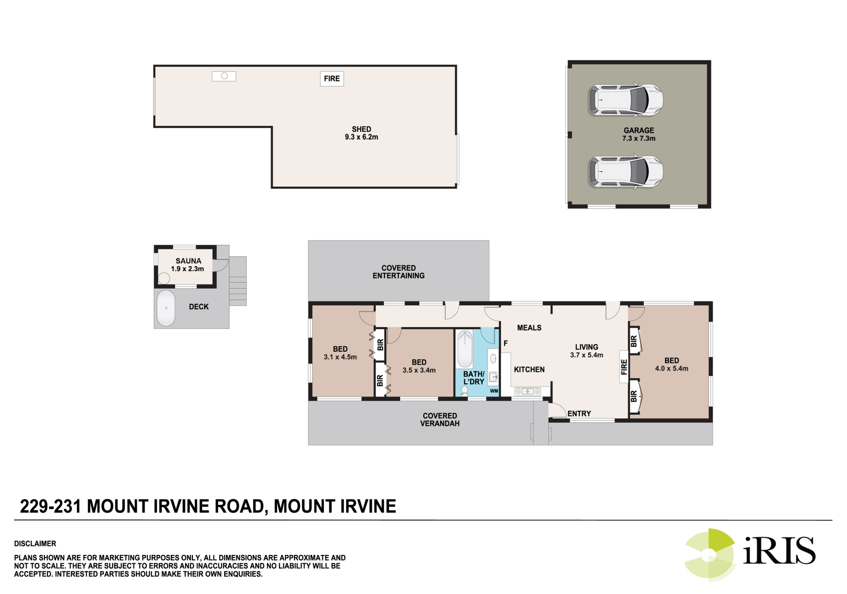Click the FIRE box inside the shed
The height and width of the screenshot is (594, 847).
tap(332, 79)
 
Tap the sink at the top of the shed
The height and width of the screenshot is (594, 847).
tap(224, 76)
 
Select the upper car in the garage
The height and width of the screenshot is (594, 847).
tap(625, 99)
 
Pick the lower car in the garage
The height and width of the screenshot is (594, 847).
tap(625, 171)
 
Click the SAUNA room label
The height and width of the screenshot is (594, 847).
tap(188, 261)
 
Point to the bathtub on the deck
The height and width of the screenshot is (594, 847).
tap(166, 308)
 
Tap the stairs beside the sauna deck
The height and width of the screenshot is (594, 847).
tap(238, 281)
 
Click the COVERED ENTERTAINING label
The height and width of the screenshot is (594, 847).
tap(399, 272)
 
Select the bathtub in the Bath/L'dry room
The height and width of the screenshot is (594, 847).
tap(465, 349)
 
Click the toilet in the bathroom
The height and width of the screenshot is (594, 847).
tap(464, 391)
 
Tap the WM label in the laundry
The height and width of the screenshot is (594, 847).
tap(494, 391)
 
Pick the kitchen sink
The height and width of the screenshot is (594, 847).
tap(528, 392)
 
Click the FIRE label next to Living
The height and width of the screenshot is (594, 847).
tap(624, 367)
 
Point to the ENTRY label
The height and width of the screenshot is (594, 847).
tap(579, 414)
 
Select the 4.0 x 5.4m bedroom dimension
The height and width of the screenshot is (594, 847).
tap(671, 368)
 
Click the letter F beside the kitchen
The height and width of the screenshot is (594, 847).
tap(505, 344)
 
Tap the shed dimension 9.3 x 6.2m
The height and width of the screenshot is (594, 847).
tap(361, 137)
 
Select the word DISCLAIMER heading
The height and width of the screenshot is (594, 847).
tap(35, 544)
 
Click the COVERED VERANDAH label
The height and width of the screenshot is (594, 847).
tap(440, 419)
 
